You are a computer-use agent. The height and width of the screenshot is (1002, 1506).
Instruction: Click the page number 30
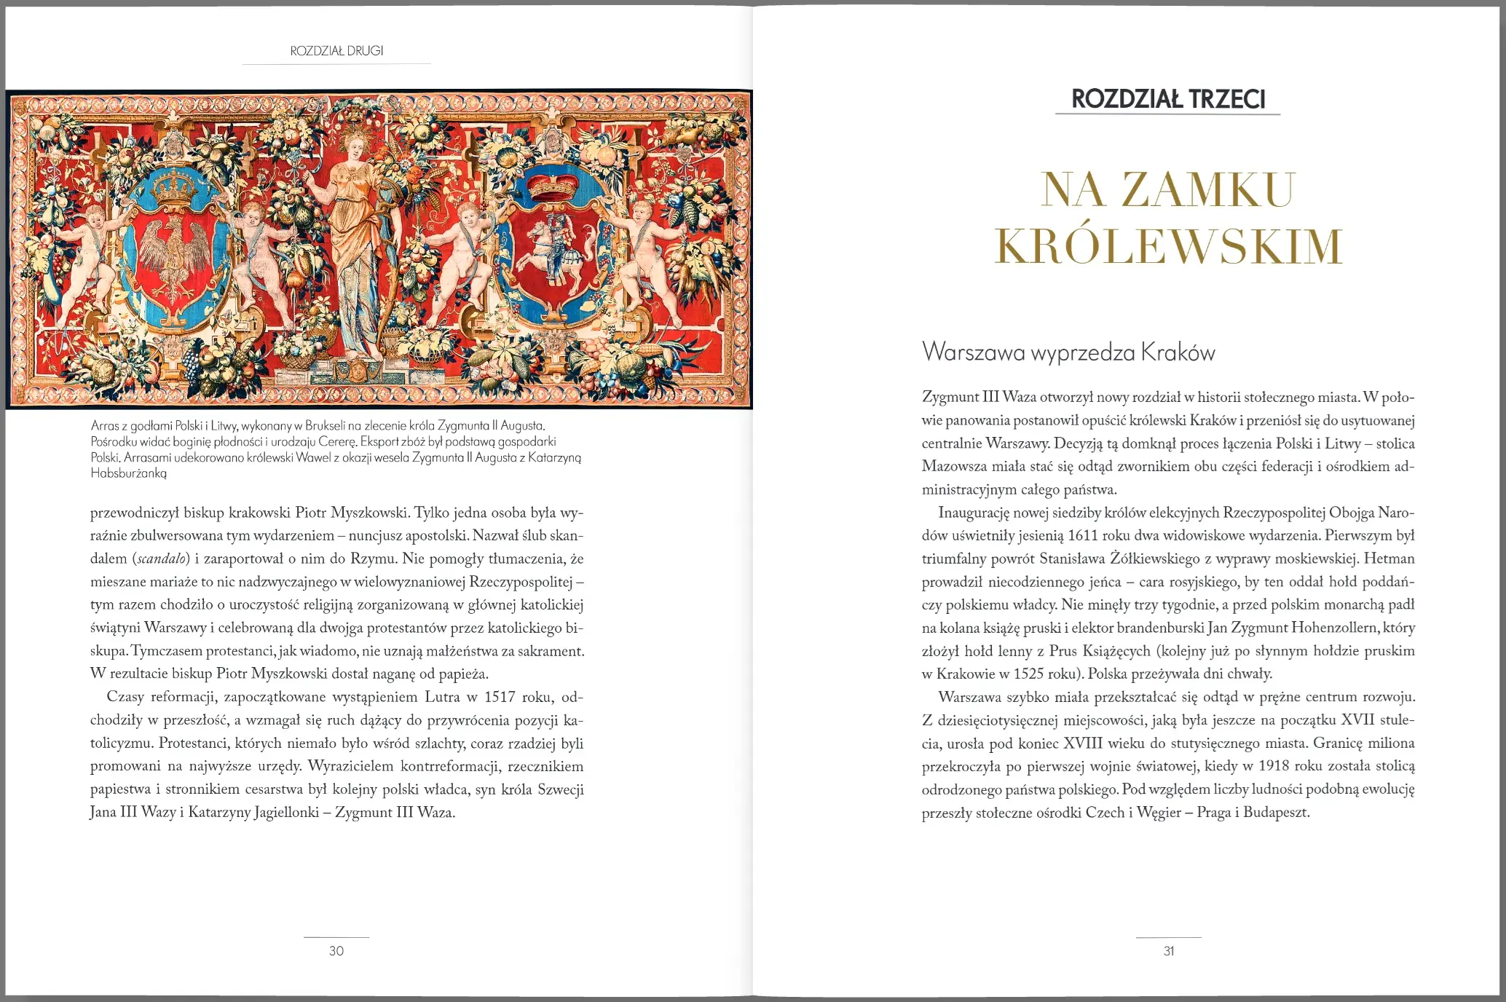pos(336,951)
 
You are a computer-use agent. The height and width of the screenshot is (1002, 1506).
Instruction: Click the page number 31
pos(1169,951)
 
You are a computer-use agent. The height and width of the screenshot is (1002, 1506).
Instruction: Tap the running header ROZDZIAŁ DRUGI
pos(336,51)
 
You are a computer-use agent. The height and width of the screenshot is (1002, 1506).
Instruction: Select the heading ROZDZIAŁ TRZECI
pos(1168,99)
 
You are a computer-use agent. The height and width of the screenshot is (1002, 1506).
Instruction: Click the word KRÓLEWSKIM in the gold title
pos(1168,246)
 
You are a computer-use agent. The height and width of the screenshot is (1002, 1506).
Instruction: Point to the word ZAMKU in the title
pos(1208,190)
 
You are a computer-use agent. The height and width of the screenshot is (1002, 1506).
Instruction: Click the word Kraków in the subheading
pos(1178,352)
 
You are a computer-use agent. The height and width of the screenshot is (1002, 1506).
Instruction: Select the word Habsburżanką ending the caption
pos(129,473)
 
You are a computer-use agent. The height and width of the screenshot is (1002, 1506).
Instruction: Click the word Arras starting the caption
pos(105,425)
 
